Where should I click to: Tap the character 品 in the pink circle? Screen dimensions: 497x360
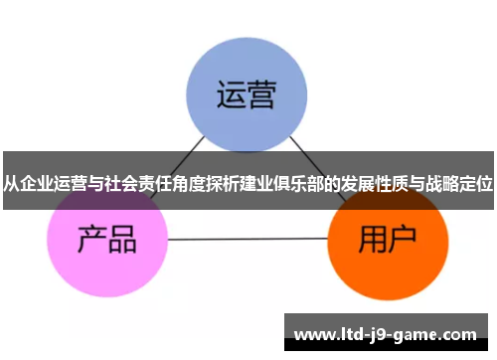click(x=122, y=240)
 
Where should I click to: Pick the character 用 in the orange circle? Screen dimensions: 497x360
click(x=372, y=239)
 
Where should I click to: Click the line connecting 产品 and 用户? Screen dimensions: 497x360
click(x=248, y=240)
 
